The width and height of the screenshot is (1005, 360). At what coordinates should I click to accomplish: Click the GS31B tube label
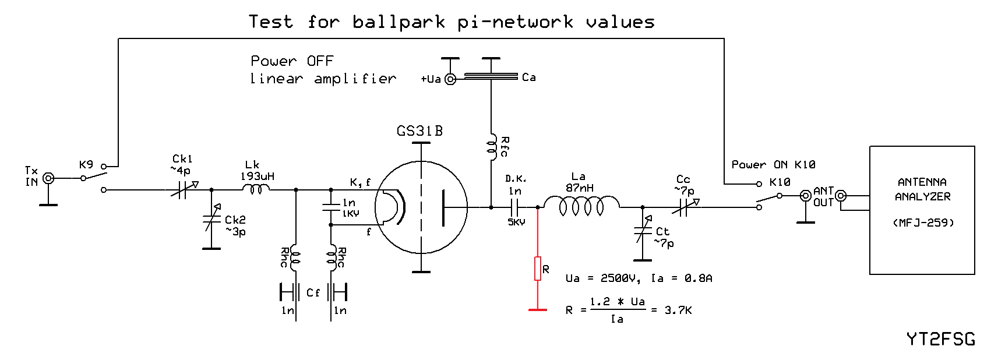point(419,131)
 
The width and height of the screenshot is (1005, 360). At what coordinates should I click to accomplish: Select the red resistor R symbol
point(538,269)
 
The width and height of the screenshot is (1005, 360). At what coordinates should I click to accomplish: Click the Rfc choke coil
point(491,146)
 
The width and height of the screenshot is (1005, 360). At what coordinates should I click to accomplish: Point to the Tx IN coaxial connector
point(48,178)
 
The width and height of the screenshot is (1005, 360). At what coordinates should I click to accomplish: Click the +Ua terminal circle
point(450,79)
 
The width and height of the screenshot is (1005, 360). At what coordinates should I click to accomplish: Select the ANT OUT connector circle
point(805,196)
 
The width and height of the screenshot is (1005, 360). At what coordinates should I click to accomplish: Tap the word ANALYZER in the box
point(922,197)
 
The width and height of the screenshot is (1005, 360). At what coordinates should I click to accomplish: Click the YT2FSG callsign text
point(940,339)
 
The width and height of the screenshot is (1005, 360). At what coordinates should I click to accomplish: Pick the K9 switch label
point(86,165)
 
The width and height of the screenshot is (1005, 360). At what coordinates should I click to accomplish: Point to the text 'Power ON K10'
point(773,165)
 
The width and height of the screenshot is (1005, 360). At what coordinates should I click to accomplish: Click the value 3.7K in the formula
point(678,310)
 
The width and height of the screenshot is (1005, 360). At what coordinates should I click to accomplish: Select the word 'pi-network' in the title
point(515,22)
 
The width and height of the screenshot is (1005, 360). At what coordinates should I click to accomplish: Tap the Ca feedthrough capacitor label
point(529,77)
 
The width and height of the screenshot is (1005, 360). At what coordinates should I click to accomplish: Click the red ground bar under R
point(538,310)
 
